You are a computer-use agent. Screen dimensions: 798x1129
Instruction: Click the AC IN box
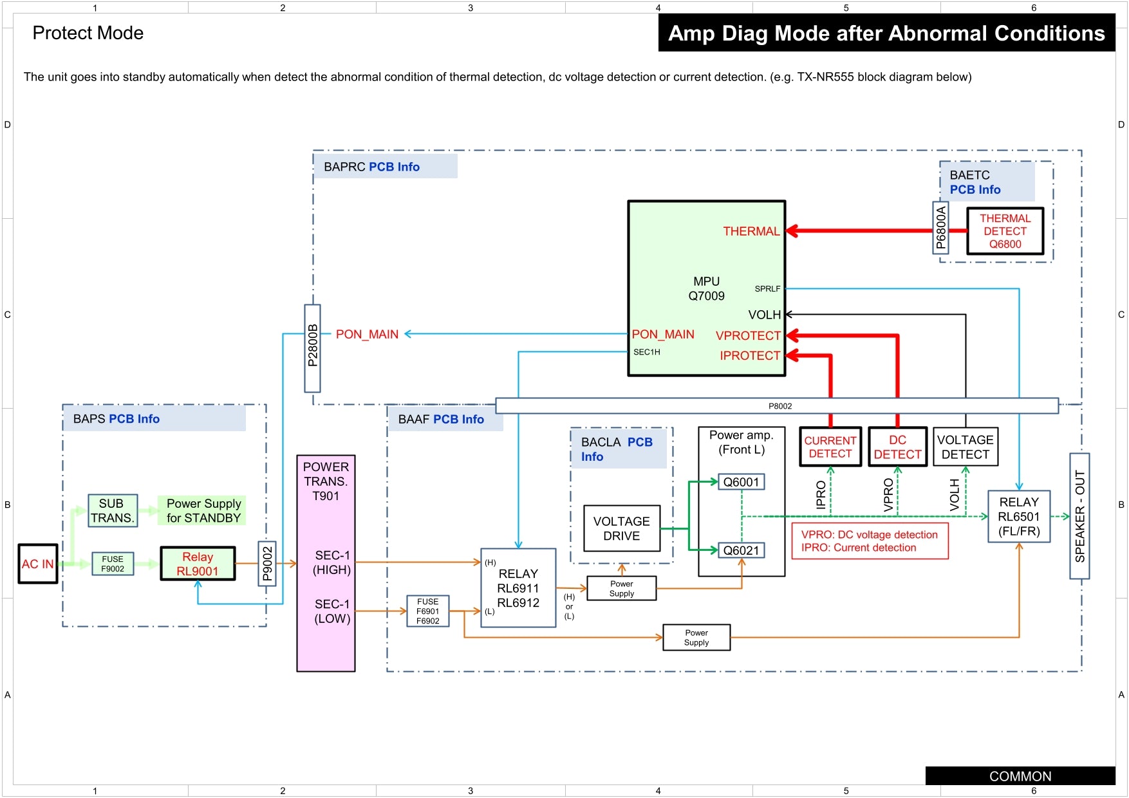38,564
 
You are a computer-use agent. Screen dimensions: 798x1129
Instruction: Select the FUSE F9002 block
113,564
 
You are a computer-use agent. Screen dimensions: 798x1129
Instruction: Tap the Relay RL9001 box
198,564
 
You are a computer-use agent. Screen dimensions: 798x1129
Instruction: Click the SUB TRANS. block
112,511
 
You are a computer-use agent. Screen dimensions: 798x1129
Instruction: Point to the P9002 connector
267,564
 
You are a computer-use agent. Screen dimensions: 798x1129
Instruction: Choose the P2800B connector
312,348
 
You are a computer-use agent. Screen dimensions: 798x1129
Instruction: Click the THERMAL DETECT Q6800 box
1005,231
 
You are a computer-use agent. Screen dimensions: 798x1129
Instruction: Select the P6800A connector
940,228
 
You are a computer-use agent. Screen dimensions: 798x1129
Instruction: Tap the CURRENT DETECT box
830,447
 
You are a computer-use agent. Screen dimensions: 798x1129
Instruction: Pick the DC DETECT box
897,447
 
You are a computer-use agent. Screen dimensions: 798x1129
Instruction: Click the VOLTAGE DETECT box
966,447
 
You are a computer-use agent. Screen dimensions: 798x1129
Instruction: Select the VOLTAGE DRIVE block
622,528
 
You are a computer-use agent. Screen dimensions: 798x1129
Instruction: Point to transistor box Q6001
742,482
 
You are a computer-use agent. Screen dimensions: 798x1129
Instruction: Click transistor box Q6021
742,550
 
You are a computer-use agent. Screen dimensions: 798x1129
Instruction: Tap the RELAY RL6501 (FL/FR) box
1019,517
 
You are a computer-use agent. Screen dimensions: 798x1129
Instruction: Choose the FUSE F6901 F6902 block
427,611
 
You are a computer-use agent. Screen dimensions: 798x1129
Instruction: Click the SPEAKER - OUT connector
1079,516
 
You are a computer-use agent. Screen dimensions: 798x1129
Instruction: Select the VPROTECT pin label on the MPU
748,335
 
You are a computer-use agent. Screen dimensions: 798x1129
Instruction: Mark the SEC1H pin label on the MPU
646,352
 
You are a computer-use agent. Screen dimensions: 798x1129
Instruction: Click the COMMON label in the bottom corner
1020,776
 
